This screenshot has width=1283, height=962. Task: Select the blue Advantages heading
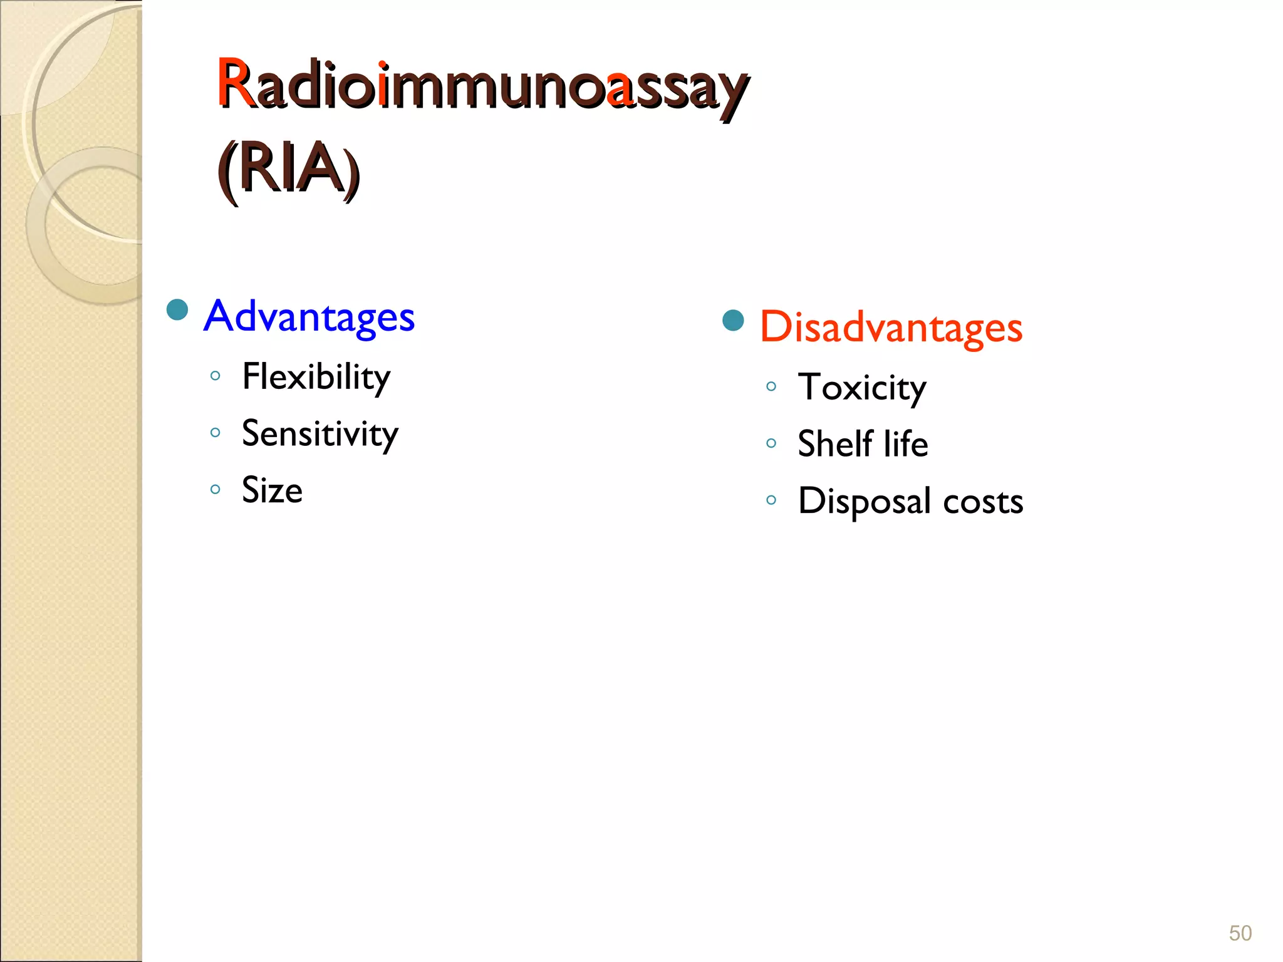(309, 316)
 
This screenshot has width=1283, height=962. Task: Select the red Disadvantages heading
(891, 328)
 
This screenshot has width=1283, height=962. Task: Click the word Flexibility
(316, 377)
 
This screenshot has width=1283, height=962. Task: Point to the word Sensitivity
(319, 433)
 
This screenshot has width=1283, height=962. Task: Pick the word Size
(272, 490)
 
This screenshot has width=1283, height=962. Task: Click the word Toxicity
(861, 387)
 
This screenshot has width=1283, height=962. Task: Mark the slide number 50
(1240, 933)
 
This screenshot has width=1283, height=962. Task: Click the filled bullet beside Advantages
(178, 309)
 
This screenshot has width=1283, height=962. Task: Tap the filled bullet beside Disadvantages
(733, 320)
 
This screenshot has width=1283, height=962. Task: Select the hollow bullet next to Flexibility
(216, 376)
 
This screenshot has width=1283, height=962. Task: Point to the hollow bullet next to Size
(216, 489)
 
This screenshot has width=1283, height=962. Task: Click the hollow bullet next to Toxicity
(771, 386)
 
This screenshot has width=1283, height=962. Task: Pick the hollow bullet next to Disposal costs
(771, 500)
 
